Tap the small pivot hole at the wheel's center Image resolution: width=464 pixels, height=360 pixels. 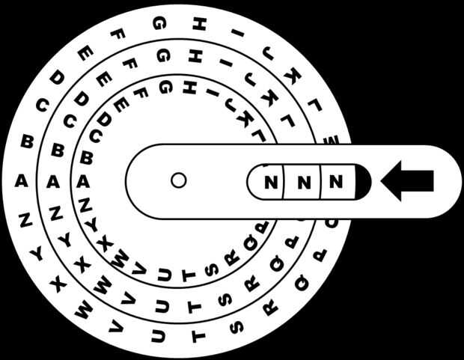(178, 180)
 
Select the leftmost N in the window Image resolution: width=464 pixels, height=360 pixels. (272, 181)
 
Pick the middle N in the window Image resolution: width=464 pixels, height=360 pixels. (303, 181)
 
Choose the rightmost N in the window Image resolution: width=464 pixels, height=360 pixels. (335, 181)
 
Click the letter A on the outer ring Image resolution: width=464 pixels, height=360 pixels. (21, 180)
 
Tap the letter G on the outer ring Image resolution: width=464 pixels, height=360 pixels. (159, 23)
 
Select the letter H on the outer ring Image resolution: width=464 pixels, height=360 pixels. (198, 23)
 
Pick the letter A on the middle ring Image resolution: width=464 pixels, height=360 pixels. (52, 180)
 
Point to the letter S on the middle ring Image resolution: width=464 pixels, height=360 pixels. (224, 299)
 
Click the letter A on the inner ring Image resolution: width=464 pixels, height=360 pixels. (84, 180)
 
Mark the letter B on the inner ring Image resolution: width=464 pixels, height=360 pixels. (87, 158)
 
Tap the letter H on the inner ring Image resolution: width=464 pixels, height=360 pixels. (190, 87)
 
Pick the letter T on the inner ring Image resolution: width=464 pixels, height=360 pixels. (189, 275)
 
